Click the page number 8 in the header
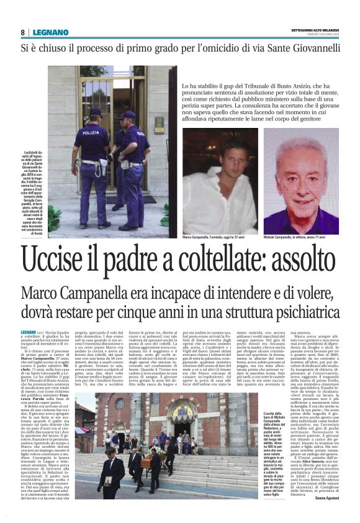22,32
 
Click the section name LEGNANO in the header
47,32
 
